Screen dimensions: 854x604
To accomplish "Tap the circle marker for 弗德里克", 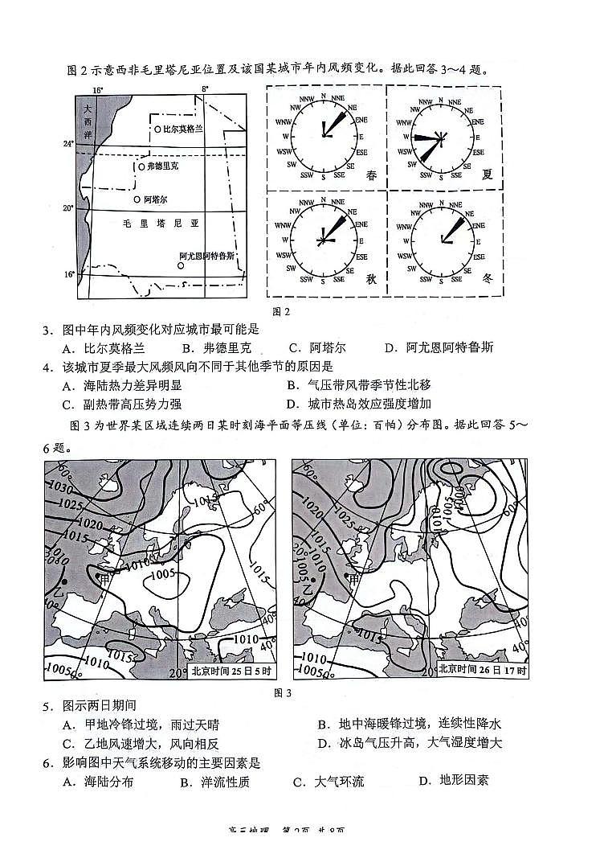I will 141,166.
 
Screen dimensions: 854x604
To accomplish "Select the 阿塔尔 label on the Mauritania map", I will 155,199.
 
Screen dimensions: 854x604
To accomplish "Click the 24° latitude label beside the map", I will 69,144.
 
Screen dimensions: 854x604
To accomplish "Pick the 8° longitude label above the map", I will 205,88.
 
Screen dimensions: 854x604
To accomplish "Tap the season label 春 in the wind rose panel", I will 371,175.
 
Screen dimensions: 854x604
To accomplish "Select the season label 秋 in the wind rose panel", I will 371,278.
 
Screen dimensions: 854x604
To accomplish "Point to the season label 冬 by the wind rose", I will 488,278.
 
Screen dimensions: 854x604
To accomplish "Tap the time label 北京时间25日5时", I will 232,671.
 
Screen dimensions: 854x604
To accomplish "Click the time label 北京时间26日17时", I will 484,671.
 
